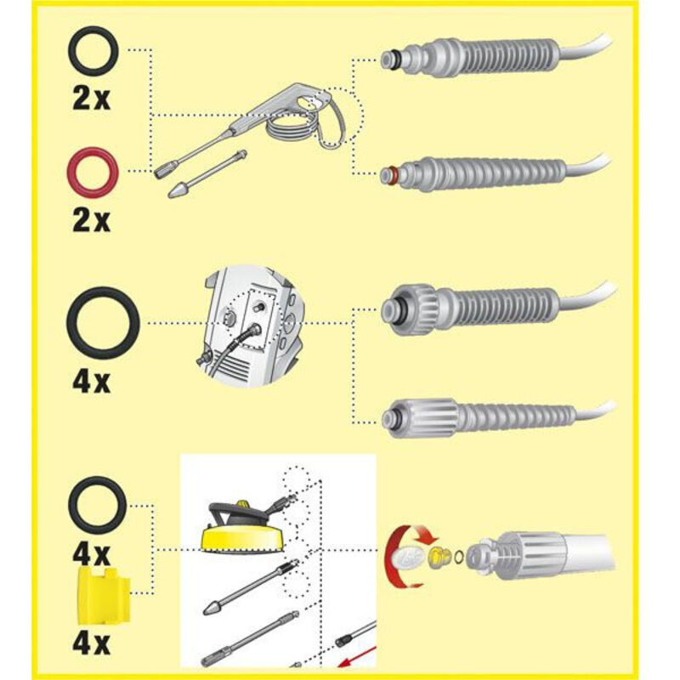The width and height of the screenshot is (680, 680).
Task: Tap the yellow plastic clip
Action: [104, 597]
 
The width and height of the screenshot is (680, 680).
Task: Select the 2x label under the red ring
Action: [92, 221]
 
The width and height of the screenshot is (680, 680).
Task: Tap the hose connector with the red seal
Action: [495, 174]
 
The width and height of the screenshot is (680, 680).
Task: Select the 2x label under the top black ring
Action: [92, 99]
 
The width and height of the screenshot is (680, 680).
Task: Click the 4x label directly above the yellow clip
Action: [91, 553]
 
